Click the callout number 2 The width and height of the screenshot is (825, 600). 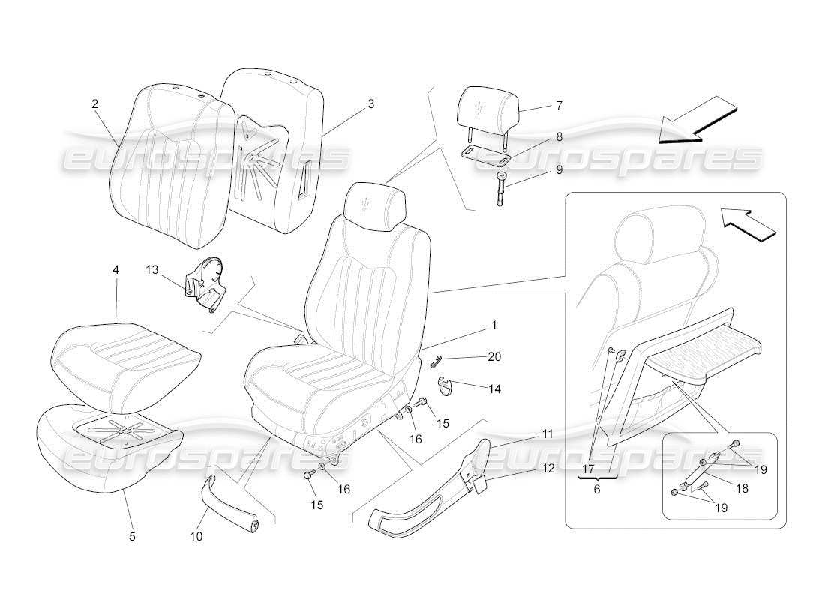pos(95,104)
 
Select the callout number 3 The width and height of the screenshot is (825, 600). pos(370,104)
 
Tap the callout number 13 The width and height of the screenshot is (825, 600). pos(152,270)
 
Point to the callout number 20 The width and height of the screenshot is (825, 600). pos(493,357)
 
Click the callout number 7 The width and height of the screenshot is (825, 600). pos(558,106)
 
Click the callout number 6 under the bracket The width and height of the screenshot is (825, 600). pos(597,488)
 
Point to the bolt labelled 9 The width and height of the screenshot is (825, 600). pos(499,190)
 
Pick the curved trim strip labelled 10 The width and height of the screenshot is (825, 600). pos(230,508)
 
